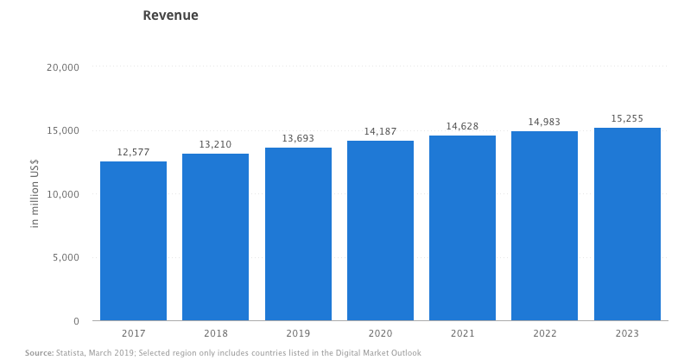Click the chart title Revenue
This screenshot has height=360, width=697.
(x=170, y=16)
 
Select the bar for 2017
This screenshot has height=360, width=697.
(x=133, y=241)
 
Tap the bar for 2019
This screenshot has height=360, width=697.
(x=298, y=234)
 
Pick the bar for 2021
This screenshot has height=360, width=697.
(x=462, y=228)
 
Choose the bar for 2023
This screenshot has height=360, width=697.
(x=627, y=224)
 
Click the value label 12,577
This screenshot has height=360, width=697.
(x=133, y=152)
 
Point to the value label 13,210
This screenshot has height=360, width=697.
(x=215, y=144)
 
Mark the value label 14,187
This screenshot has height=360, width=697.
(x=380, y=131)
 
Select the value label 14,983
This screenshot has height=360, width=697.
(x=544, y=122)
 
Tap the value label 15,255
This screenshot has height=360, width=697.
(x=627, y=118)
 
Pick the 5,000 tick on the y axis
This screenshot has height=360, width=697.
(x=64, y=257)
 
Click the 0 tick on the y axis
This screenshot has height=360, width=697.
(x=76, y=321)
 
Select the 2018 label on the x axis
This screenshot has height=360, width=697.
(x=215, y=332)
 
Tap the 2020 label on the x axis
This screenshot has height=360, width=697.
(x=380, y=332)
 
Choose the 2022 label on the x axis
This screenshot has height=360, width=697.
(x=544, y=332)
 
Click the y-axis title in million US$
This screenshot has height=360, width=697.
(x=35, y=194)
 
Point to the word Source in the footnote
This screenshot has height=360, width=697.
(x=39, y=353)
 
